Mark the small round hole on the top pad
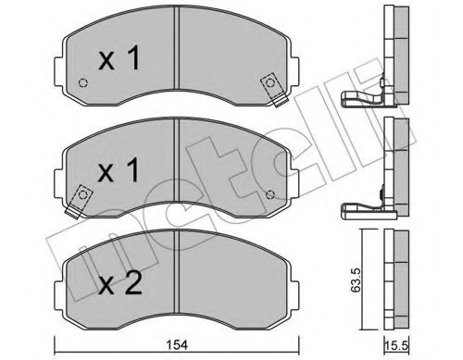(x=82, y=84)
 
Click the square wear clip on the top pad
(x=270, y=84)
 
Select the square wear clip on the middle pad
(x=82, y=195)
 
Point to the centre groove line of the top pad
(x=176, y=65)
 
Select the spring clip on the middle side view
(x=361, y=210)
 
